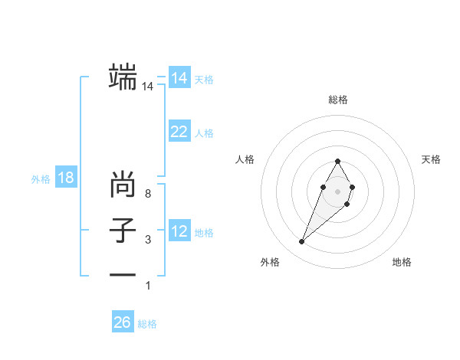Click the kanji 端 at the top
click(123, 77)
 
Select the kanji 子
click(123, 231)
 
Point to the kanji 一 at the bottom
click(123, 275)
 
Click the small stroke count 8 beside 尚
click(148, 194)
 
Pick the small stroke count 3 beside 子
click(148, 240)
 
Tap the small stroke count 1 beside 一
click(148, 286)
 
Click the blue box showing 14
click(179, 79)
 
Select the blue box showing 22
click(179, 132)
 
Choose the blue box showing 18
click(66, 178)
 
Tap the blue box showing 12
click(179, 231)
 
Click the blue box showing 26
click(122, 322)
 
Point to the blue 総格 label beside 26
click(147, 324)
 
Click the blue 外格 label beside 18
click(41, 179)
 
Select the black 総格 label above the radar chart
click(337, 100)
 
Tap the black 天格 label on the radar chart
click(431, 159)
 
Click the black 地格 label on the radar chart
click(402, 262)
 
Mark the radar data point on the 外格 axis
click(302, 242)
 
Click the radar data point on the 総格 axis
click(337, 161)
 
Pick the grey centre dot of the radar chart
click(337, 190)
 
